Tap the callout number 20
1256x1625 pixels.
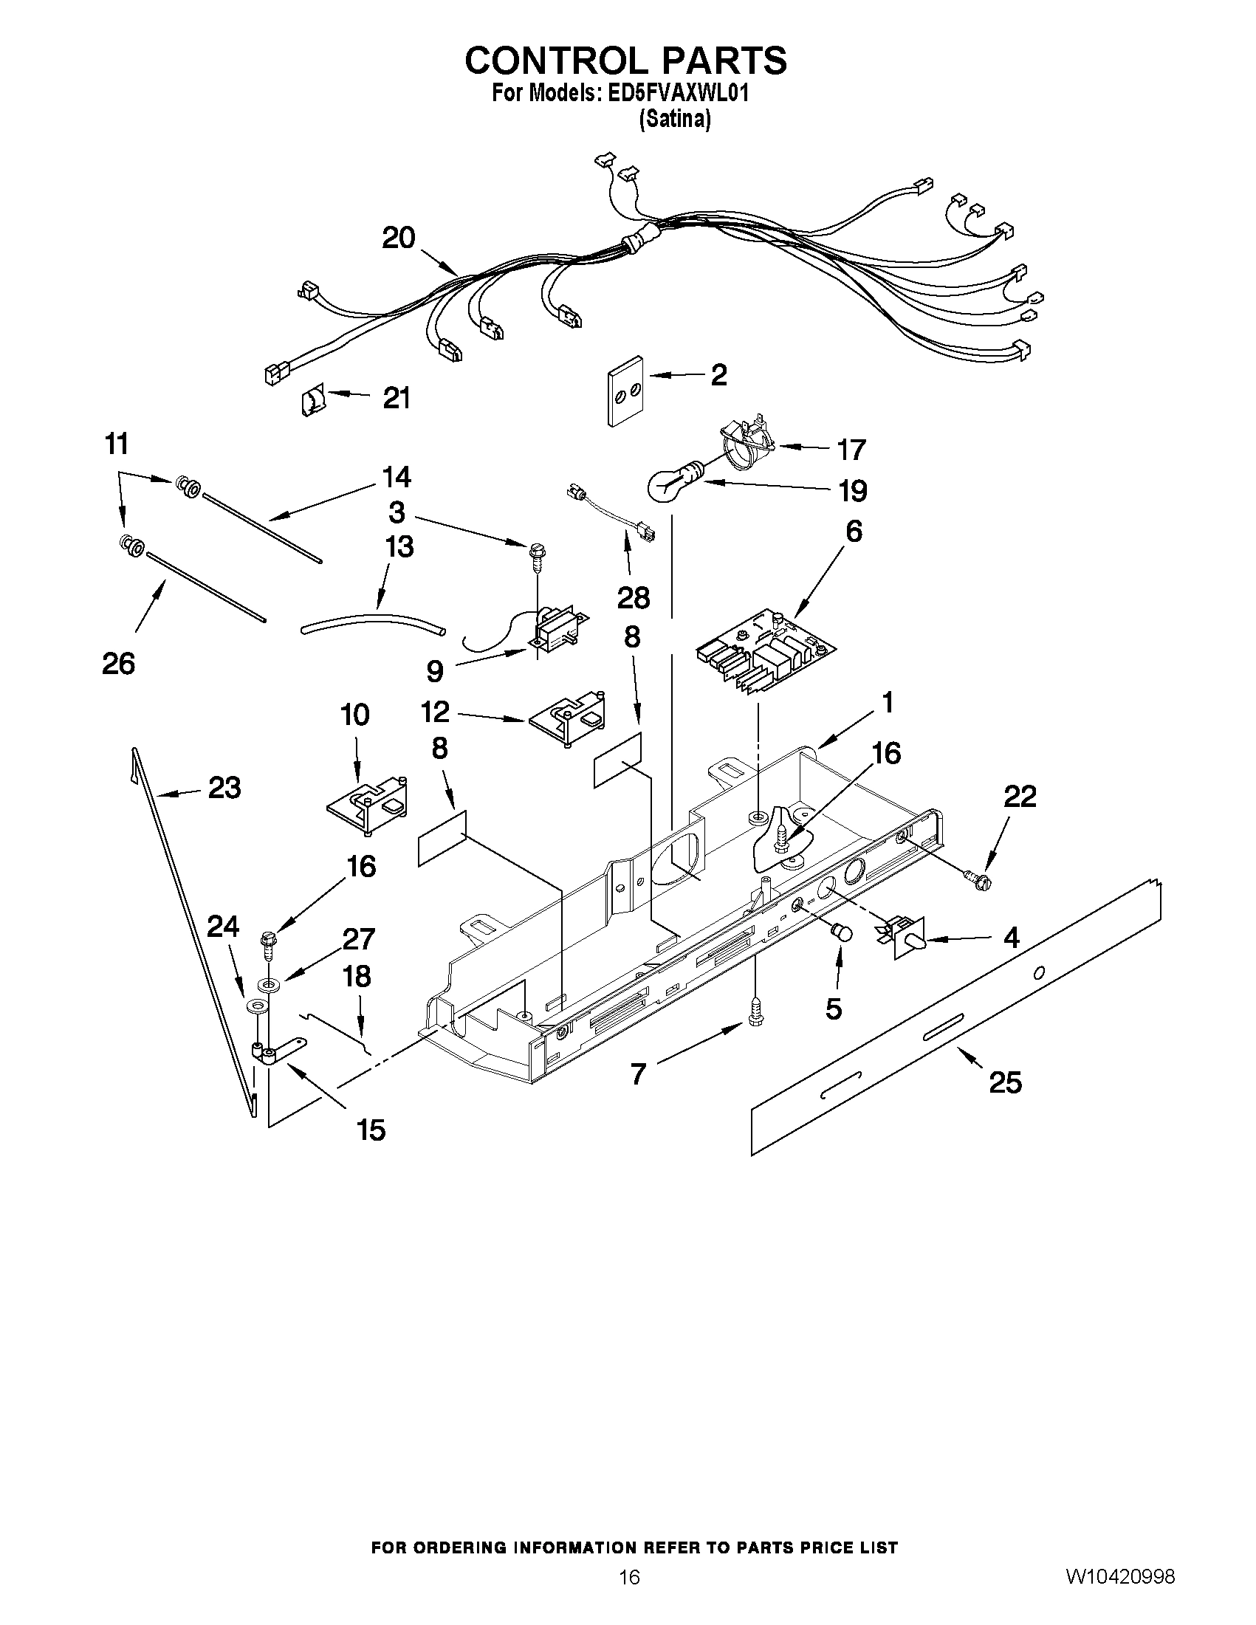(398, 238)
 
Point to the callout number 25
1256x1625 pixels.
(1005, 1082)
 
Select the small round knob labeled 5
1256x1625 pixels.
(842, 931)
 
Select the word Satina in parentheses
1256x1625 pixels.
(675, 120)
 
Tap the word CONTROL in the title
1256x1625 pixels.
(557, 61)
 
